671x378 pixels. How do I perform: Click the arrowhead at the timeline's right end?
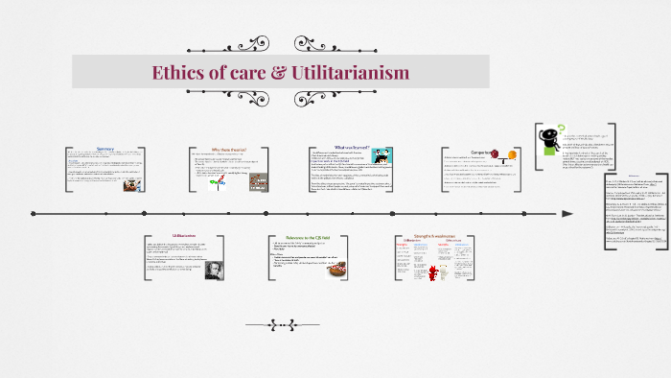567,213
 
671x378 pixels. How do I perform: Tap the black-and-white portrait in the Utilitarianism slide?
214,270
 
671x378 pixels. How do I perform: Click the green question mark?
560,128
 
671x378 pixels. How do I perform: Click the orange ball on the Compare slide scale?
513,155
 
